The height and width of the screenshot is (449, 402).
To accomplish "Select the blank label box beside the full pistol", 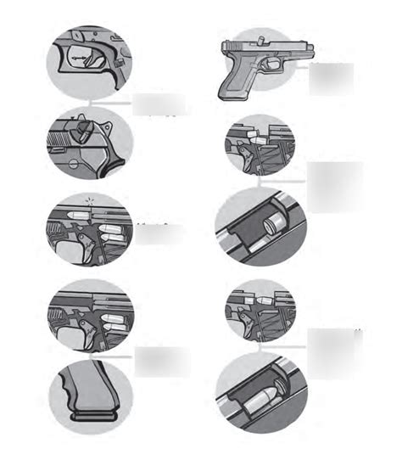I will click(330, 79).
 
